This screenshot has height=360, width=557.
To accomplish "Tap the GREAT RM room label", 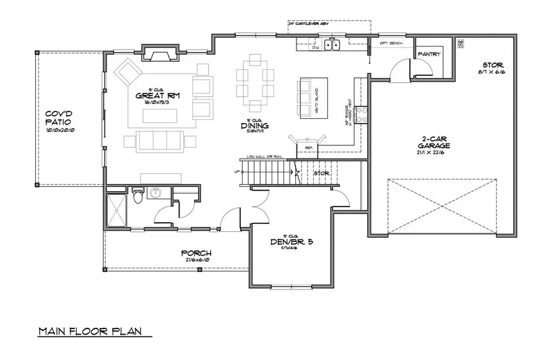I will tap(153, 96).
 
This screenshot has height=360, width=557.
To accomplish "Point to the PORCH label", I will tap(196, 253).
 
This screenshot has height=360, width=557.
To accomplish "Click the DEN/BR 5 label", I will tap(291, 242).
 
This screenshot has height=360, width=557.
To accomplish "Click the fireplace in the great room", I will tap(159, 55).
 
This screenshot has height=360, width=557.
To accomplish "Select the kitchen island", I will tap(305, 98).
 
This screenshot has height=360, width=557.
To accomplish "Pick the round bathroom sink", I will tap(155, 192).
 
